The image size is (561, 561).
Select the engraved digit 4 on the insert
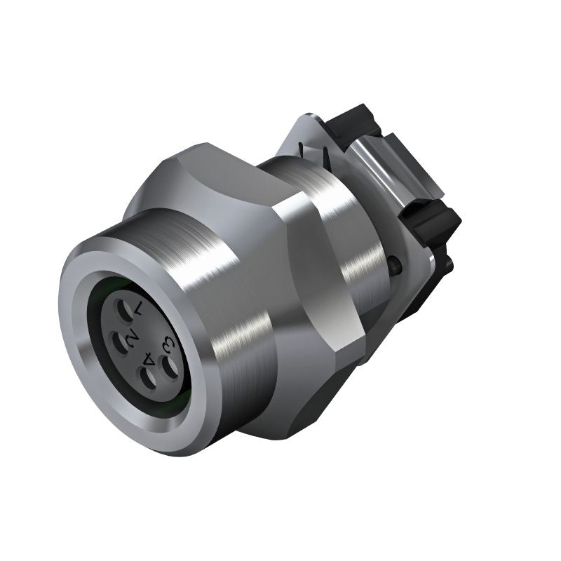pyautogui.click(x=148, y=358)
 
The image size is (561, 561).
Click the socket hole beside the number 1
pyautogui.click(x=124, y=311)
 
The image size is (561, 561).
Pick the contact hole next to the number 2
pyautogui.click(x=119, y=342)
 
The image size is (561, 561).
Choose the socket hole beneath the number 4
pyautogui.click(x=148, y=378)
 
